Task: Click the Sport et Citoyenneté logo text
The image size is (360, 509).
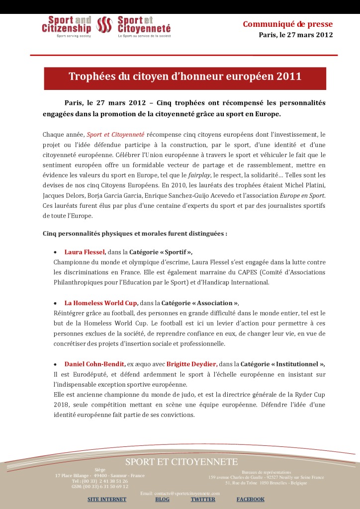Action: (x=144, y=25)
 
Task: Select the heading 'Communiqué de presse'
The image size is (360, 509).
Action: (x=287, y=24)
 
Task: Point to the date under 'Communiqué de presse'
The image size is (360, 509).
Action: (x=295, y=35)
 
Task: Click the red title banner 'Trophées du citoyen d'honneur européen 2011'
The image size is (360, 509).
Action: (x=185, y=77)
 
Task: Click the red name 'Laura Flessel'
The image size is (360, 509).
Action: (x=85, y=252)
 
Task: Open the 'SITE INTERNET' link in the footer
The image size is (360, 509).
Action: (x=107, y=499)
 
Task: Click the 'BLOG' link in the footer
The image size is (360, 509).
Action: (x=162, y=499)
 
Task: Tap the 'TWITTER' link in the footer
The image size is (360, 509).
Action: (x=203, y=499)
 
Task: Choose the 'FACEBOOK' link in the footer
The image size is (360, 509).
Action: (x=250, y=499)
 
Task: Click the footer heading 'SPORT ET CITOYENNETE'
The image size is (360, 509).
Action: (x=181, y=462)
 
